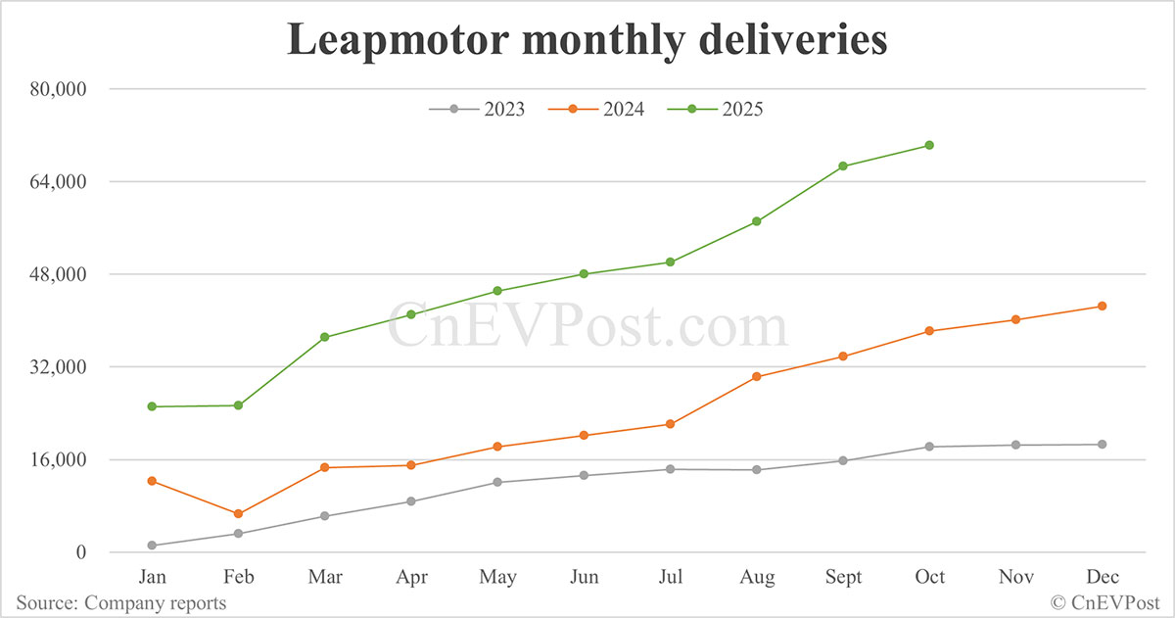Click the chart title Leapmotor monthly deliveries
(587, 41)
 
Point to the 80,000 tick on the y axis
(60, 89)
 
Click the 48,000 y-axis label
(60, 274)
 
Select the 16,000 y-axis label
(60, 459)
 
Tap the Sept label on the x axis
(842, 577)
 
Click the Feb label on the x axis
(238, 577)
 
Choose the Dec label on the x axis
(1102, 577)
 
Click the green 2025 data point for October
(929, 145)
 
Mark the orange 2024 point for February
(238, 514)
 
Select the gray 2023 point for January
(152, 546)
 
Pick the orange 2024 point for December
(1102, 307)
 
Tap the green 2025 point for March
(324, 337)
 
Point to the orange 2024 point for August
(756, 377)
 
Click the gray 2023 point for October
(929, 447)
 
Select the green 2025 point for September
(842, 166)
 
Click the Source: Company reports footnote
(120, 602)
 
